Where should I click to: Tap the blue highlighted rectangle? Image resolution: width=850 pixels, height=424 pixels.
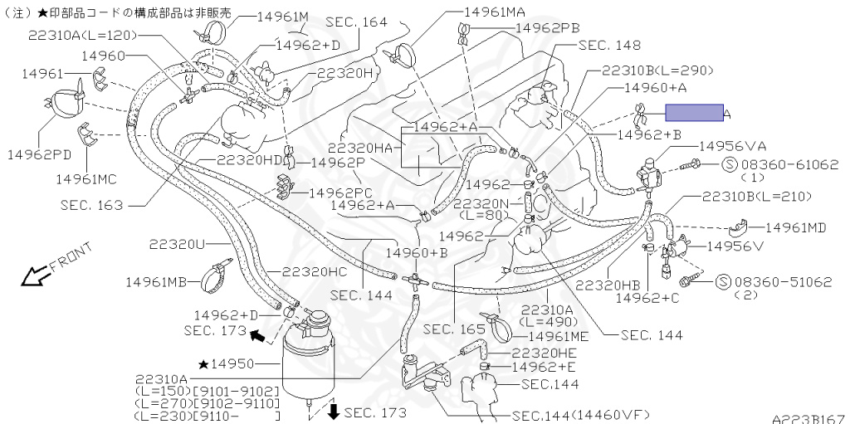[x=693, y=114]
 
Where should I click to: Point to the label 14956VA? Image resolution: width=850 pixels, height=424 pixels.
[x=731, y=146]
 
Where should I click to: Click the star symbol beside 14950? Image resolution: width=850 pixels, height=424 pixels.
[x=203, y=363]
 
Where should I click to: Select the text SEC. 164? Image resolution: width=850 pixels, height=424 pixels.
[x=357, y=22]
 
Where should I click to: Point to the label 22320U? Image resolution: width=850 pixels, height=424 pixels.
[x=177, y=244]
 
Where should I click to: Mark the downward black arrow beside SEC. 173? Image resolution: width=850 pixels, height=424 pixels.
[x=333, y=412]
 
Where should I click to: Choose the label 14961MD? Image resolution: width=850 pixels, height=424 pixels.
[x=796, y=227]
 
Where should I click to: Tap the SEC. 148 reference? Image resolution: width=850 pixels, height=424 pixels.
[x=609, y=46]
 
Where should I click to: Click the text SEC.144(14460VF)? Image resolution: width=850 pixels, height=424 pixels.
[x=580, y=415]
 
